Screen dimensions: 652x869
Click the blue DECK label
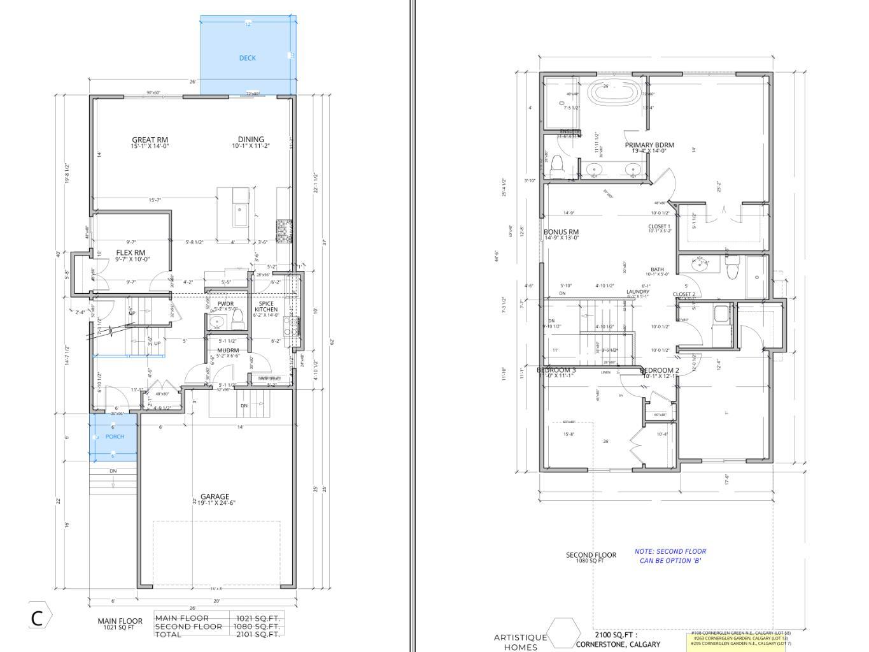pyautogui.click(x=247, y=58)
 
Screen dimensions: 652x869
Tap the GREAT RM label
pyautogui.click(x=150, y=140)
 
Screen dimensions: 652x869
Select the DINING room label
pyautogui.click(x=251, y=140)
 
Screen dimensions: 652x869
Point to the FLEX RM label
pyautogui.click(x=131, y=253)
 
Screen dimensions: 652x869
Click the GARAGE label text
pyautogui.click(x=215, y=496)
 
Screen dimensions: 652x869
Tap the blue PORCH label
pyautogui.click(x=115, y=437)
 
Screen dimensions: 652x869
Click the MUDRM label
pyautogui.click(x=228, y=351)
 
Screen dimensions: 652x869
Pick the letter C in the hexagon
pyautogui.click(x=38, y=618)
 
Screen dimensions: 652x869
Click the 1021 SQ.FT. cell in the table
pyautogui.click(x=257, y=618)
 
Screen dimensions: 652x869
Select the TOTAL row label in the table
pyautogui.click(x=169, y=634)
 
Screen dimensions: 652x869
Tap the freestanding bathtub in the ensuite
pyautogui.click(x=613, y=92)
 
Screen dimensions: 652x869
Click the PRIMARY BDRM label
pyautogui.click(x=649, y=145)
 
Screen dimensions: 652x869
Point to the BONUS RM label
pyautogui.click(x=561, y=232)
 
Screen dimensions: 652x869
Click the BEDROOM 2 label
pyautogui.click(x=660, y=370)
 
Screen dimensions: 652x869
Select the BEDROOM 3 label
pyautogui.click(x=556, y=370)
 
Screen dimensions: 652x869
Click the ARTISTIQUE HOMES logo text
pyautogui.click(x=520, y=642)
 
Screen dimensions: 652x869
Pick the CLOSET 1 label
pyautogui.click(x=659, y=226)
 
